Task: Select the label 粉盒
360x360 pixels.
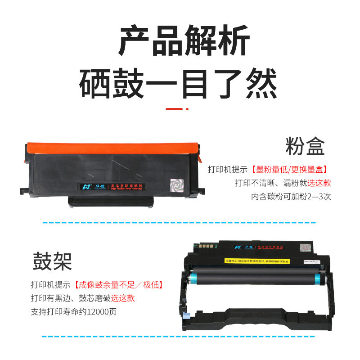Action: [x=305, y=147]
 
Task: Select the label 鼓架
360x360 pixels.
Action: [x=52, y=261]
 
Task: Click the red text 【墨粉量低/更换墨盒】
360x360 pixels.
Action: [x=289, y=170]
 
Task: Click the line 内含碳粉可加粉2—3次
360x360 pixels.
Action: [x=291, y=197]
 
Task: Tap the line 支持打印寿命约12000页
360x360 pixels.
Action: [x=73, y=311]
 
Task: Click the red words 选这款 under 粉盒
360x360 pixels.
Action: [x=319, y=183]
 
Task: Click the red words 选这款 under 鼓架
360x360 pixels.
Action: [x=123, y=298]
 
